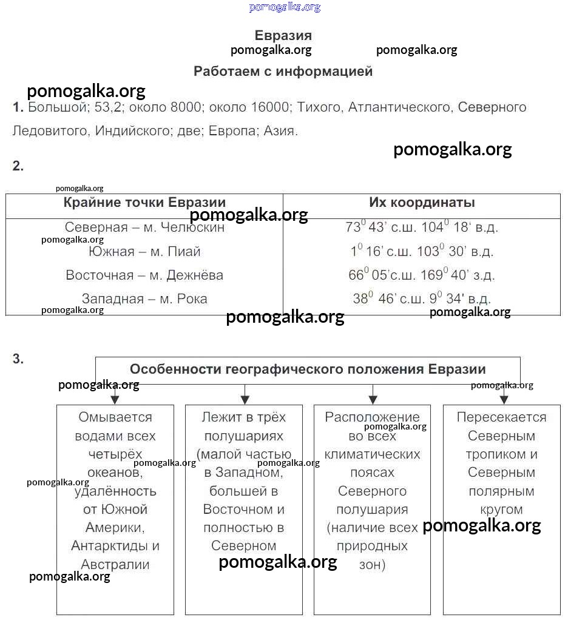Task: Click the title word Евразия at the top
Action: click(x=283, y=35)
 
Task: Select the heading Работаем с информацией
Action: click(x=283, y=72)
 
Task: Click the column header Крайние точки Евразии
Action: click(x=144, y=203)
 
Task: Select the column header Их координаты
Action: click(x=422, y=203)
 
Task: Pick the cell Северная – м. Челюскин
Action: click(x=144, y=227)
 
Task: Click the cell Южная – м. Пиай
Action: click(x=144, y=251)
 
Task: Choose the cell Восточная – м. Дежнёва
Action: click(x=144, y=275)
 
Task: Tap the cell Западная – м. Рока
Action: click(x=144, y=299)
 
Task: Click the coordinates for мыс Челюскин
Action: click(x=422, y=227)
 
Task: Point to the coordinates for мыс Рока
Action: click(x=422, y=299)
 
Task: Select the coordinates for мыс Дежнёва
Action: click(x=422, y=275)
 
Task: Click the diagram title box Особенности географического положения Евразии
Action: click(x=308, y=369)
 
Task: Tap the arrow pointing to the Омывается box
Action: click(x=115, y=397)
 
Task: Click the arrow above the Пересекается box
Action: click(x=503, y=397)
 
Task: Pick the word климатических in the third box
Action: click(x=372, y=454)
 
